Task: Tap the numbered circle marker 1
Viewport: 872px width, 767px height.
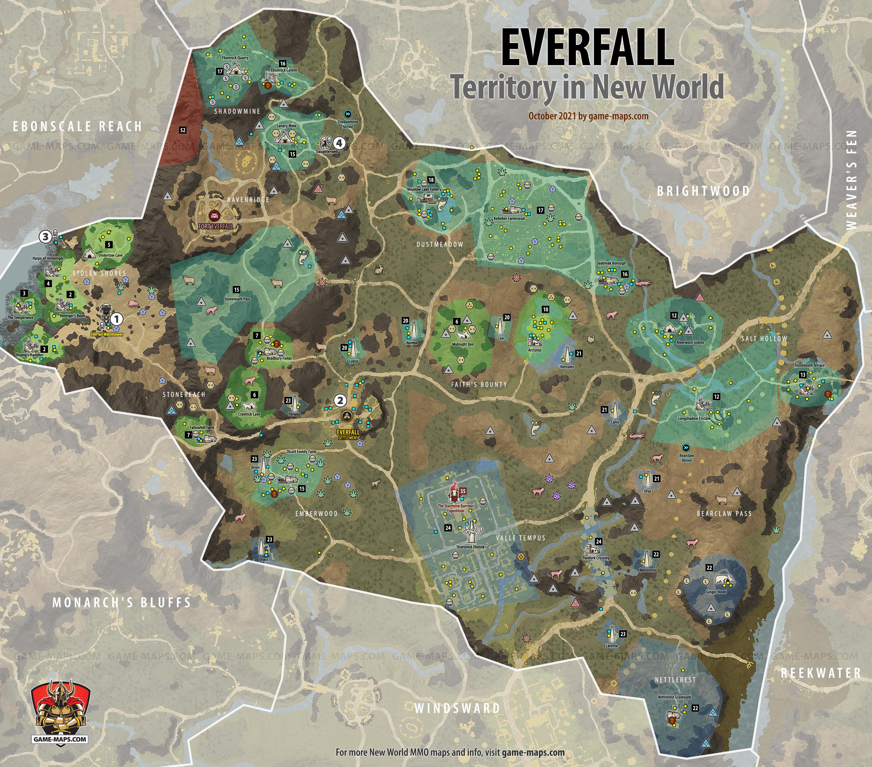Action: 116,319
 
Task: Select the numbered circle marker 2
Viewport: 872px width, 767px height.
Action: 340,400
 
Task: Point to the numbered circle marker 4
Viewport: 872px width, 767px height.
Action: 339,143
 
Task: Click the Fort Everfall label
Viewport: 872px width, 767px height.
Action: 215,226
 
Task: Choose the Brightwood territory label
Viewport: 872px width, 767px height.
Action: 703,191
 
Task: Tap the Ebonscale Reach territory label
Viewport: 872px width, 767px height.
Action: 77,127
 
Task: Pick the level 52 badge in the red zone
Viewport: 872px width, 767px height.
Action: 183,130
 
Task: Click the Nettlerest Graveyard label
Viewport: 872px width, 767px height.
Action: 674,697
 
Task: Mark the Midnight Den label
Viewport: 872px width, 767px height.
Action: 463,344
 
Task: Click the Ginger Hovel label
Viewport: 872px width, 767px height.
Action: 716,592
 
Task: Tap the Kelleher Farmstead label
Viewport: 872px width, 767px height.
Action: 509,218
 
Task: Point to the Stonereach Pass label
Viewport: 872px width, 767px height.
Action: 237,299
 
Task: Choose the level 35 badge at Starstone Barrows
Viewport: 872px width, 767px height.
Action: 462,491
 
